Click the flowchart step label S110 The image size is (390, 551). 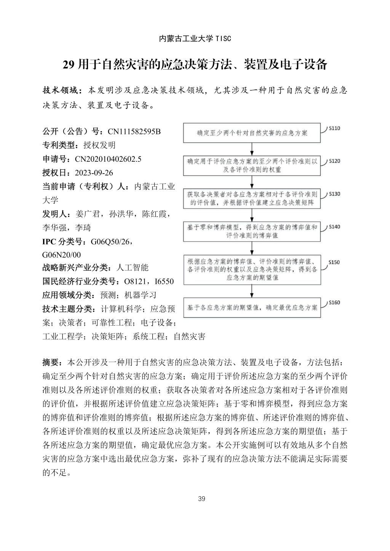pyautogui.click(x=334, y=128)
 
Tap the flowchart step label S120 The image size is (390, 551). pyautogui.click(x=334, y=161)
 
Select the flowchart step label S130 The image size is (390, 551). pyautogui.click(x=334, y=194)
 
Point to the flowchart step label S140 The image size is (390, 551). pyautogui.click(x=334, y=227)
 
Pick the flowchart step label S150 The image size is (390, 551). pyautogui.click(x=334, y=262)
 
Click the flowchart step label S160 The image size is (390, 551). pyautogui.click(x=334, y=303)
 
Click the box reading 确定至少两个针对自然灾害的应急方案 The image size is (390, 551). pyautogui.click(x=252, y=133)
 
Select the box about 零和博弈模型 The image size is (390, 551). pyautogui.click(x=252, y=231)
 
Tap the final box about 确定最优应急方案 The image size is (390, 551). pyautogui.click(x=252, y=307)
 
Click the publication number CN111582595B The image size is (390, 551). pyautogui.click(x=134, y=132)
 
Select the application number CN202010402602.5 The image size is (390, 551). pyautogui.click(x=108, y=159)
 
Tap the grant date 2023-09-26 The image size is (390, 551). pyautogui.click(x=94, y=173)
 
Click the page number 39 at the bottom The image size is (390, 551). pyautogui.click(x=201, y=499)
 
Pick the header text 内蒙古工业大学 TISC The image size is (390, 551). pyautogui.click(x=195, y=39)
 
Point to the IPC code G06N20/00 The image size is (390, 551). pyautogui.click(x=61, y=255)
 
